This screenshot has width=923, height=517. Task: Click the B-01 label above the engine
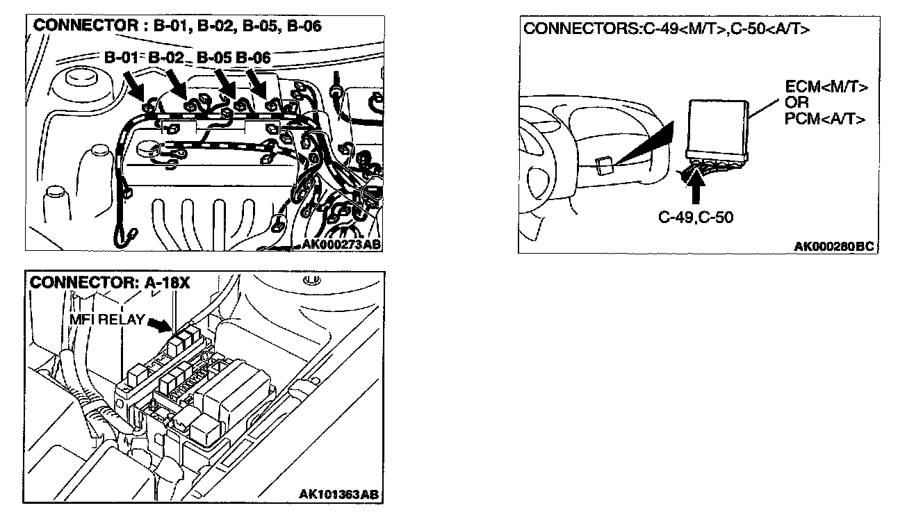click(122, 58)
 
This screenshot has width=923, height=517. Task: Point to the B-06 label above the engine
click(253, 58)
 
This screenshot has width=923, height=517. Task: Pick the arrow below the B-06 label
click(258, 86)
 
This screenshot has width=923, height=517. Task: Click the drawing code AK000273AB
click(341, 244)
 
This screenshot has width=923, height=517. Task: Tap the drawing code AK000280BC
click(833, 247)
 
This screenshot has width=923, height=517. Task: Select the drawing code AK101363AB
click(339, 495)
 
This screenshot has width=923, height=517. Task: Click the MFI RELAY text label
click(106, 320)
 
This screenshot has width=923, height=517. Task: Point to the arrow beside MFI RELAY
click(159, 324)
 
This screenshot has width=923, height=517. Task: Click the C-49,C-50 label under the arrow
click(695, 218)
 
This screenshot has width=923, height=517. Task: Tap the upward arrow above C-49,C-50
click(698, 182)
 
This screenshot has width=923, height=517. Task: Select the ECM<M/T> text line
click(826, 88)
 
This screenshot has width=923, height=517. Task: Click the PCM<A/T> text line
click(825, 118)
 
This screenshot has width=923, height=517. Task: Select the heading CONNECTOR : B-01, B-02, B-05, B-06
click(178, 26)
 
